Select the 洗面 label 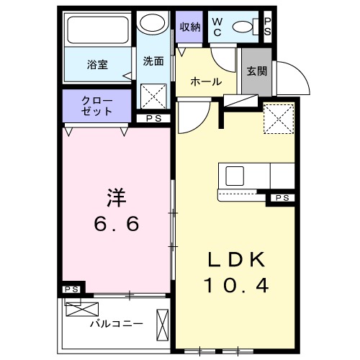154,61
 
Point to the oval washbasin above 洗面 154,23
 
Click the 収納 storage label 190,27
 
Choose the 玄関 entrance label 256,71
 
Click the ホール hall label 206,82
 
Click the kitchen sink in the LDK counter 235,176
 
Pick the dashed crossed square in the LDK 279,119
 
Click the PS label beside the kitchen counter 282,198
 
